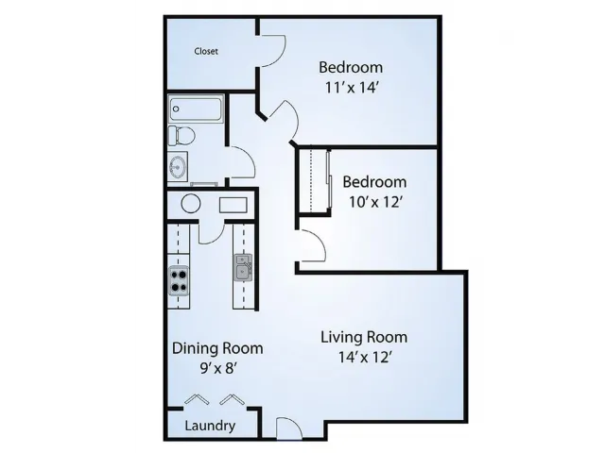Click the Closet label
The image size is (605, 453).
point(206,51)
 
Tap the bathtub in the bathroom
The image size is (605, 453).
point(196,109)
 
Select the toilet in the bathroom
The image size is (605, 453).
point(181,136)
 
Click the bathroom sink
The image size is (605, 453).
point(178,167)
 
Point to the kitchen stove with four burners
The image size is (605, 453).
point(179,280)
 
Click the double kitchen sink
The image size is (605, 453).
point(243,267)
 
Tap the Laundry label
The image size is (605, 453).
point(210,426)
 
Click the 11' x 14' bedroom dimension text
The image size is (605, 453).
point(351,88)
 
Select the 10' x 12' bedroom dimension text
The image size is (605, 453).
point(376,202)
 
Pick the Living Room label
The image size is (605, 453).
point(364,338)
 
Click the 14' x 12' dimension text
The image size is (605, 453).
point(366,358)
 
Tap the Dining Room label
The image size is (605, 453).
point(217,348)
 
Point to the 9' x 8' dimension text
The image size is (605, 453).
point(218,369)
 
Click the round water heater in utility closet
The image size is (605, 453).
point(191,204)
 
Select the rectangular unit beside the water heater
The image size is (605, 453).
point(233,206)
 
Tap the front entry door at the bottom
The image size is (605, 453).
point(289,428)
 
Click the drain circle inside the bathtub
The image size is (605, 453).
point(176,109)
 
